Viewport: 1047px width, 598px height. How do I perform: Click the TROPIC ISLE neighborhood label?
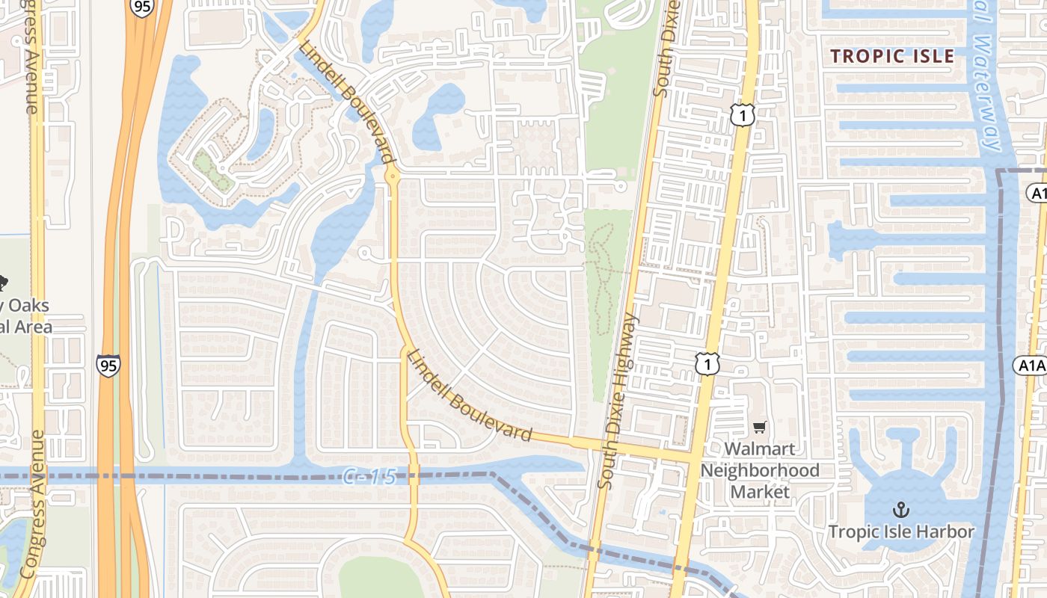[892, 56]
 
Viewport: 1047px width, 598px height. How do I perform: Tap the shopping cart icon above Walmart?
[760, 427]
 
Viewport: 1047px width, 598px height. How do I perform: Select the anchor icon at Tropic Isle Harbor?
[901, 510]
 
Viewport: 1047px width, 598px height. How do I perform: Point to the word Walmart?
[760, 449]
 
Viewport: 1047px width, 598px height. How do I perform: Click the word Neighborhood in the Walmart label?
[760, 470]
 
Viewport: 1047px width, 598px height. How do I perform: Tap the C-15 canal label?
[369, 475]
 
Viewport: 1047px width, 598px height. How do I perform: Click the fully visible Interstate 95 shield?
[108, 365]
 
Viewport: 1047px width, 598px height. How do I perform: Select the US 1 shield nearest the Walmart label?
[707, 364]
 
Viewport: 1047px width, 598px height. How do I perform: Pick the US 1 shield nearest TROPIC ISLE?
[742, 115]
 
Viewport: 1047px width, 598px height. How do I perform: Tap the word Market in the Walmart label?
[760, 492]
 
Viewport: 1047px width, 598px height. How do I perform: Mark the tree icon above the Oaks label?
[2, 283]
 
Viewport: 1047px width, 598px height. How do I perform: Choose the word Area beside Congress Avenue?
[34, 326]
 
